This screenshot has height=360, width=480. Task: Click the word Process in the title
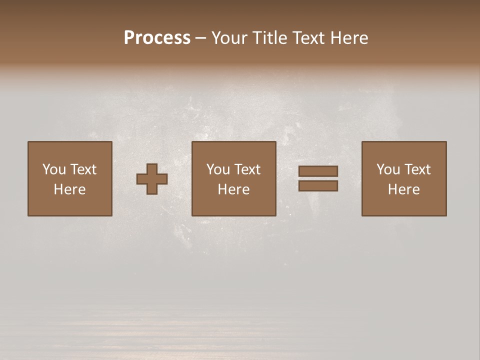point(157,38)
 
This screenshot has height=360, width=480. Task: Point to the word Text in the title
point(307,38)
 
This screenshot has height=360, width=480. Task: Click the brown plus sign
point(152,179)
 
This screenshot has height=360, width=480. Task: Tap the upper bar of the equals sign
point(318,171)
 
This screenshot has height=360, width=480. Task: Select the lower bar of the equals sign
point(318,186)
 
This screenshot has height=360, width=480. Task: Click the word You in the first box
point(54,169)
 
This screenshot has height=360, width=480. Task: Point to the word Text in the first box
point(83,169)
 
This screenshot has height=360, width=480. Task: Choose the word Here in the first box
point(69,189)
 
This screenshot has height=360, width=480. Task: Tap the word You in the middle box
point(218,169)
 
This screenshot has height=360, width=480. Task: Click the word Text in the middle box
point(247,169)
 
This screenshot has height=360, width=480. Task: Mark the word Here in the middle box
point(233,189)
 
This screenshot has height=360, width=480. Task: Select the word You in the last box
point(388,169)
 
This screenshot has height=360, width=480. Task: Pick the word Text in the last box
point(417,169)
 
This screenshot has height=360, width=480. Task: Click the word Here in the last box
point(403,189)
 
